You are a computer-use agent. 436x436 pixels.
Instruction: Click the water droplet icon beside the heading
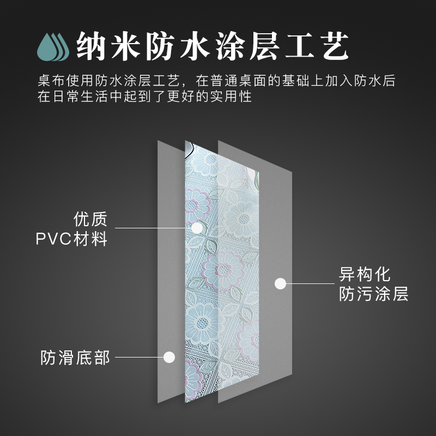pyautogui.click(x=53, y=46)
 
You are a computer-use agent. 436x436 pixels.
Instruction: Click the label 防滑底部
pyautogui.click(x=75, y=358)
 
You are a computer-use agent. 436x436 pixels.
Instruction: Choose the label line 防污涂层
pyautogui.click(x=373, y=294)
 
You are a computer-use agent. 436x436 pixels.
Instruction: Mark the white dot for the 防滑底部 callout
pyautogui.click(x=169, y=358)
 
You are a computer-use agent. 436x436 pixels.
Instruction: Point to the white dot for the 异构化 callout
pyautogui.click(x=280, y=283)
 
